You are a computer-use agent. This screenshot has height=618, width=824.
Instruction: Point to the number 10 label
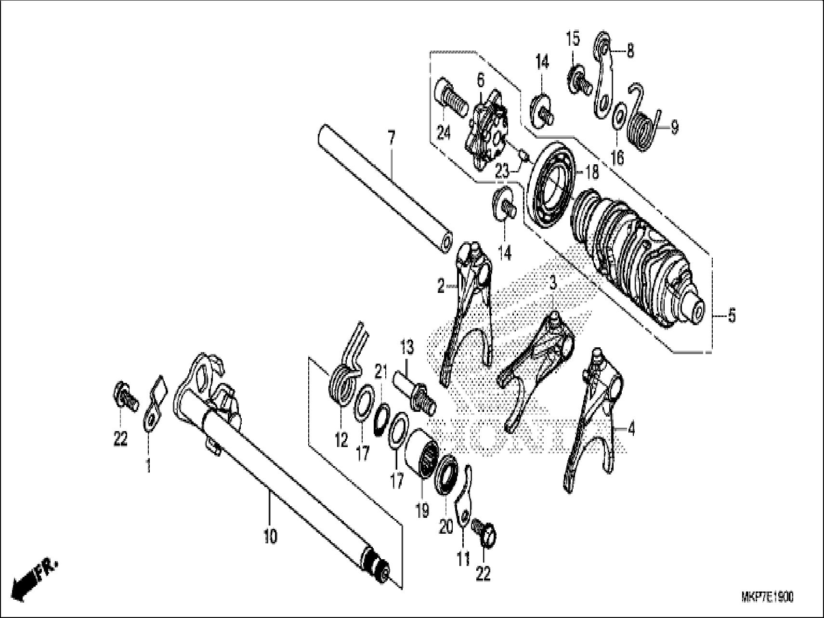click(x=270, y=536)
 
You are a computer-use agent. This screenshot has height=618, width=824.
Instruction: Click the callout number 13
click(x=407, y=346)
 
